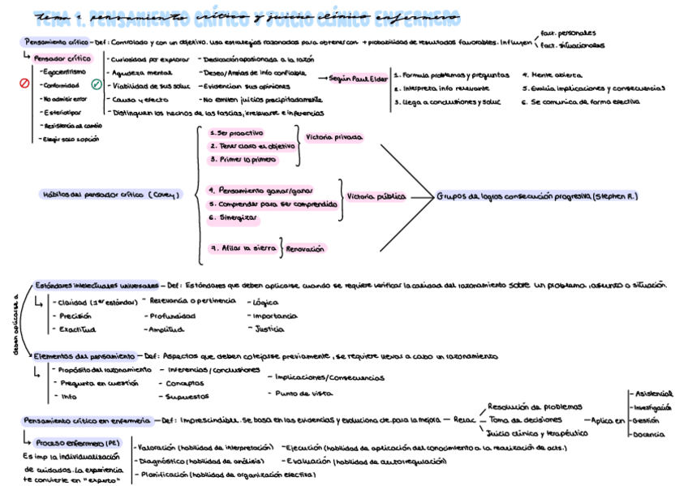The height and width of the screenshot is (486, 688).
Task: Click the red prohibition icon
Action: (24, 83)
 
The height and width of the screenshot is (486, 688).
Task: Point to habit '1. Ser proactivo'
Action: (236, 132)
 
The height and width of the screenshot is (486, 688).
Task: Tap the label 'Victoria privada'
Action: (333, 138)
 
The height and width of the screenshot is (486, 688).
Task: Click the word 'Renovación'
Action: (305, 249)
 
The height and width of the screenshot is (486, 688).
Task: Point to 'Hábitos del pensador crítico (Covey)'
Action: (112, 194)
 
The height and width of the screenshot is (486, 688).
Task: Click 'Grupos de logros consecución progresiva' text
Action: (537, 196)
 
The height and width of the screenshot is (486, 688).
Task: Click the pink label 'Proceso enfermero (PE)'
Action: (78, 443)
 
